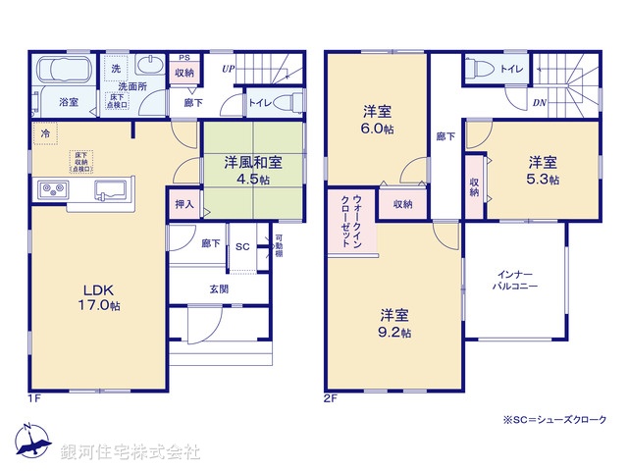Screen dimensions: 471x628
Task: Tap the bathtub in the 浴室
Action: click(62, 73)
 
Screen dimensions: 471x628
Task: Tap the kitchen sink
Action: click(109, 189)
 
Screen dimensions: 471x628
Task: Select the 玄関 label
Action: click(218, 288)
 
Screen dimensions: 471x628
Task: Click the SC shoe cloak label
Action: click(242, 246)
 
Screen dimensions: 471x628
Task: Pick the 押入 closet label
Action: click(183, 205)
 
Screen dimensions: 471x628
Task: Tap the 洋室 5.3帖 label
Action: click(542, 170)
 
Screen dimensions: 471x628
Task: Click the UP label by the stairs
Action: click(228, 70)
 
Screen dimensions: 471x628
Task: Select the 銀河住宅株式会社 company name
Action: click(130, 451)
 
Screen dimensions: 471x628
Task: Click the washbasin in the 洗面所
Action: click(151, 67)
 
